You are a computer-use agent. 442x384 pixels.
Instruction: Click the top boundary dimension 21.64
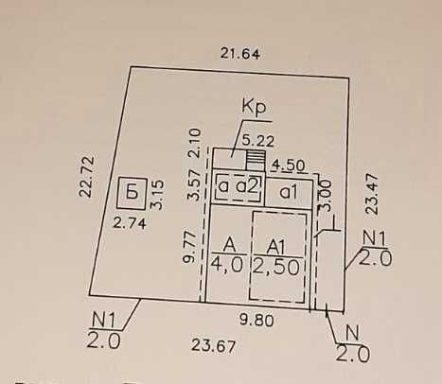[x=240, y=53]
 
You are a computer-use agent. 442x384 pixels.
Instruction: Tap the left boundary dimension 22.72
[x=86, y=177]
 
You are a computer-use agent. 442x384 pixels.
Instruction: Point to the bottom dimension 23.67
[x=214, y=346]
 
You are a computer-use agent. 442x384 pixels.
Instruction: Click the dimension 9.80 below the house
[x=256, y=321]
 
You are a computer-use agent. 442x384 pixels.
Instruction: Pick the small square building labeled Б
[x=132, y=193]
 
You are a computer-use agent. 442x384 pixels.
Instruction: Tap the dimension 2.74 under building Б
[x=130, y=223]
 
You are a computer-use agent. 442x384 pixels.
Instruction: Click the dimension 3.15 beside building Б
[x=157, y=195]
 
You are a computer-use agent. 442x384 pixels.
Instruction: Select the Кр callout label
[x=254, y=108]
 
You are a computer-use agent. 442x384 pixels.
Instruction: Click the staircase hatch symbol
[x=256, y=160]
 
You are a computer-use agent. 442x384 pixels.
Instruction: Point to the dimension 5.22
[x=258, y=141]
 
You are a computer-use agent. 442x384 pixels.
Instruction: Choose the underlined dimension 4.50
[x=289, y=166]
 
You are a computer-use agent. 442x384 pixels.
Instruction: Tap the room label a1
[x=289, y=192]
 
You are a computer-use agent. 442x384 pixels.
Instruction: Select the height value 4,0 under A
[x=227, y=264]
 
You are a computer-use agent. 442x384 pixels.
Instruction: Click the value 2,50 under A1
[x=276, y=268]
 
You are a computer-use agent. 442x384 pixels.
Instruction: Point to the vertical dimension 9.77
[x=189, y=248]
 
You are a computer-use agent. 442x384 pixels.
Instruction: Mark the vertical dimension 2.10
[x=194, y=143]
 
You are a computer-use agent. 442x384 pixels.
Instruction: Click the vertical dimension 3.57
[x=194, y=185]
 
